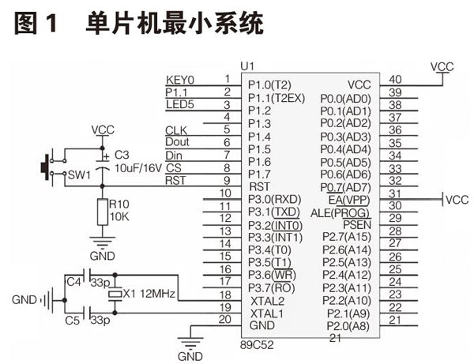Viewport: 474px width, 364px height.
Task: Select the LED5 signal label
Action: (x=179, y=104)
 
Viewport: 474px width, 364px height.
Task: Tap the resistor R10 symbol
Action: (x=101, y=212)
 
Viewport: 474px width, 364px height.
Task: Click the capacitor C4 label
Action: (x=74, y=280)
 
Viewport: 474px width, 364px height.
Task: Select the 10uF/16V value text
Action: (x=142, y=168)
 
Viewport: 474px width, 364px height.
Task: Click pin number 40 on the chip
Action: (x=396, y=79)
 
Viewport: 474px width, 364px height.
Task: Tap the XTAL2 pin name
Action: (x=266, y=300)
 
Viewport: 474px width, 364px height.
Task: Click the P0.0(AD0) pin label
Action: (x=346, y=98)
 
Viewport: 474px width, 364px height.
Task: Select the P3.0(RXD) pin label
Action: (x=274, y=199)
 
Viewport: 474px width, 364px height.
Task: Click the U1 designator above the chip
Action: (x=249, y=65)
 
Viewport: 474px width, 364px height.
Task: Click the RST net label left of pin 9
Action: (x=175, y=180)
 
